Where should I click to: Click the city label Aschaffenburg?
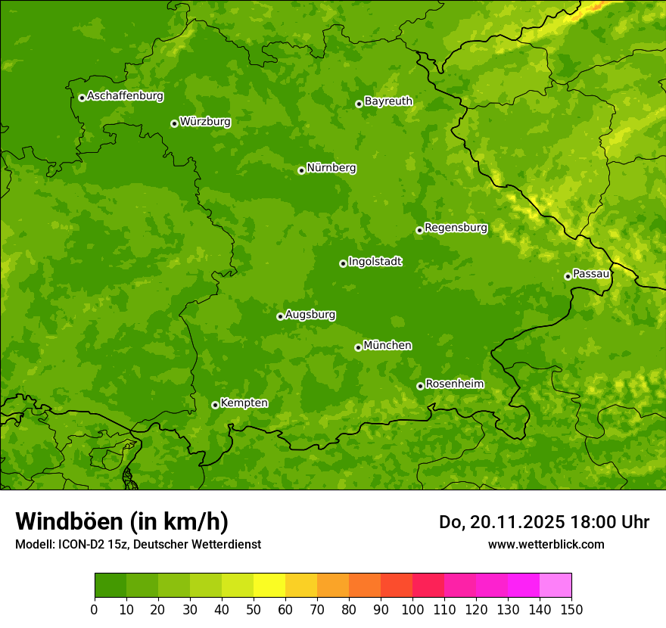[125, 96]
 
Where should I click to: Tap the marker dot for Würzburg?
[174, 123]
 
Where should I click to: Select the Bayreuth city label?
[388, 101]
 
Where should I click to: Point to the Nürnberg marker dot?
[301, 170]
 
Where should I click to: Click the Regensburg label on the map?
[456, 228]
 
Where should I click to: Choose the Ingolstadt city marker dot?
[343, 263]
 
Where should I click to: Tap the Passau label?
[591, 274]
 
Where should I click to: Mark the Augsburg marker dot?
[280, 316]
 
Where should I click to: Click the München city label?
[387, 346]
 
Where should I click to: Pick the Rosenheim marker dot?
[420, 386]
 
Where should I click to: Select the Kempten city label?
[244, 403]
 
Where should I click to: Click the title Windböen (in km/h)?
[122, 521]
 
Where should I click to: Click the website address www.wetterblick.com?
[546, 544]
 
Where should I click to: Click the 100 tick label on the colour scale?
[412, 609]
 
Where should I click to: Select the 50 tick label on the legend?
[254, 609]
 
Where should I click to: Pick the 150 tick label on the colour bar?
[571, 609]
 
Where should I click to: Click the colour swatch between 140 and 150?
[556, 586]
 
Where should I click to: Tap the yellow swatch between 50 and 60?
[269, 586]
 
